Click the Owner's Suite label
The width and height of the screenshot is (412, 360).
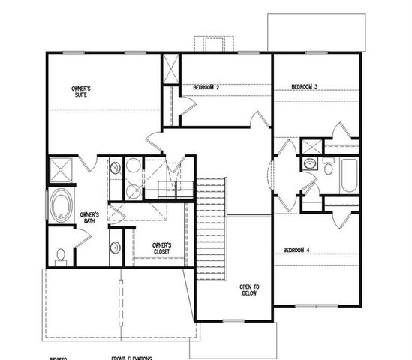pos(81,91)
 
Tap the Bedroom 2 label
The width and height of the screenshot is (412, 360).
pos(206,88)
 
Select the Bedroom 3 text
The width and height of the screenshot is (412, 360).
pos(305,88)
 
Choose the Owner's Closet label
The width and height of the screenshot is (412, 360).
pos(161,247)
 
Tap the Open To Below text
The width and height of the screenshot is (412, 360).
pos(249,290)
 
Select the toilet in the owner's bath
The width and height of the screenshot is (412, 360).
pos(61,255)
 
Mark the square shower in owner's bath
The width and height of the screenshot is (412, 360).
pos(62,171)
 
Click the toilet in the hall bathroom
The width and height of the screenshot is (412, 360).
pos(329,169)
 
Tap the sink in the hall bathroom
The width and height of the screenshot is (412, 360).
pos(310,163)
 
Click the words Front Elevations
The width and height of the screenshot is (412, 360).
pos(132,358)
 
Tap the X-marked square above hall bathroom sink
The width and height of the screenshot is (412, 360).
pos(310,146)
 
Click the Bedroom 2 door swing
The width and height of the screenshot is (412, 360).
pos(257,121)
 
